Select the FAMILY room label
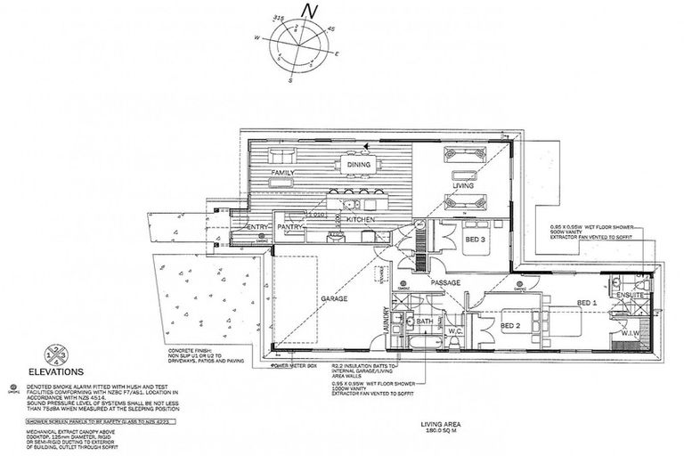click(x=283, y=172)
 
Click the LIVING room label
click(x=462, y=187)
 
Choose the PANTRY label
click(x=292, y=228)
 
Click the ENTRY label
click(x=258, y=228)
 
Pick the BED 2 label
click(x=510, y=327)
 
